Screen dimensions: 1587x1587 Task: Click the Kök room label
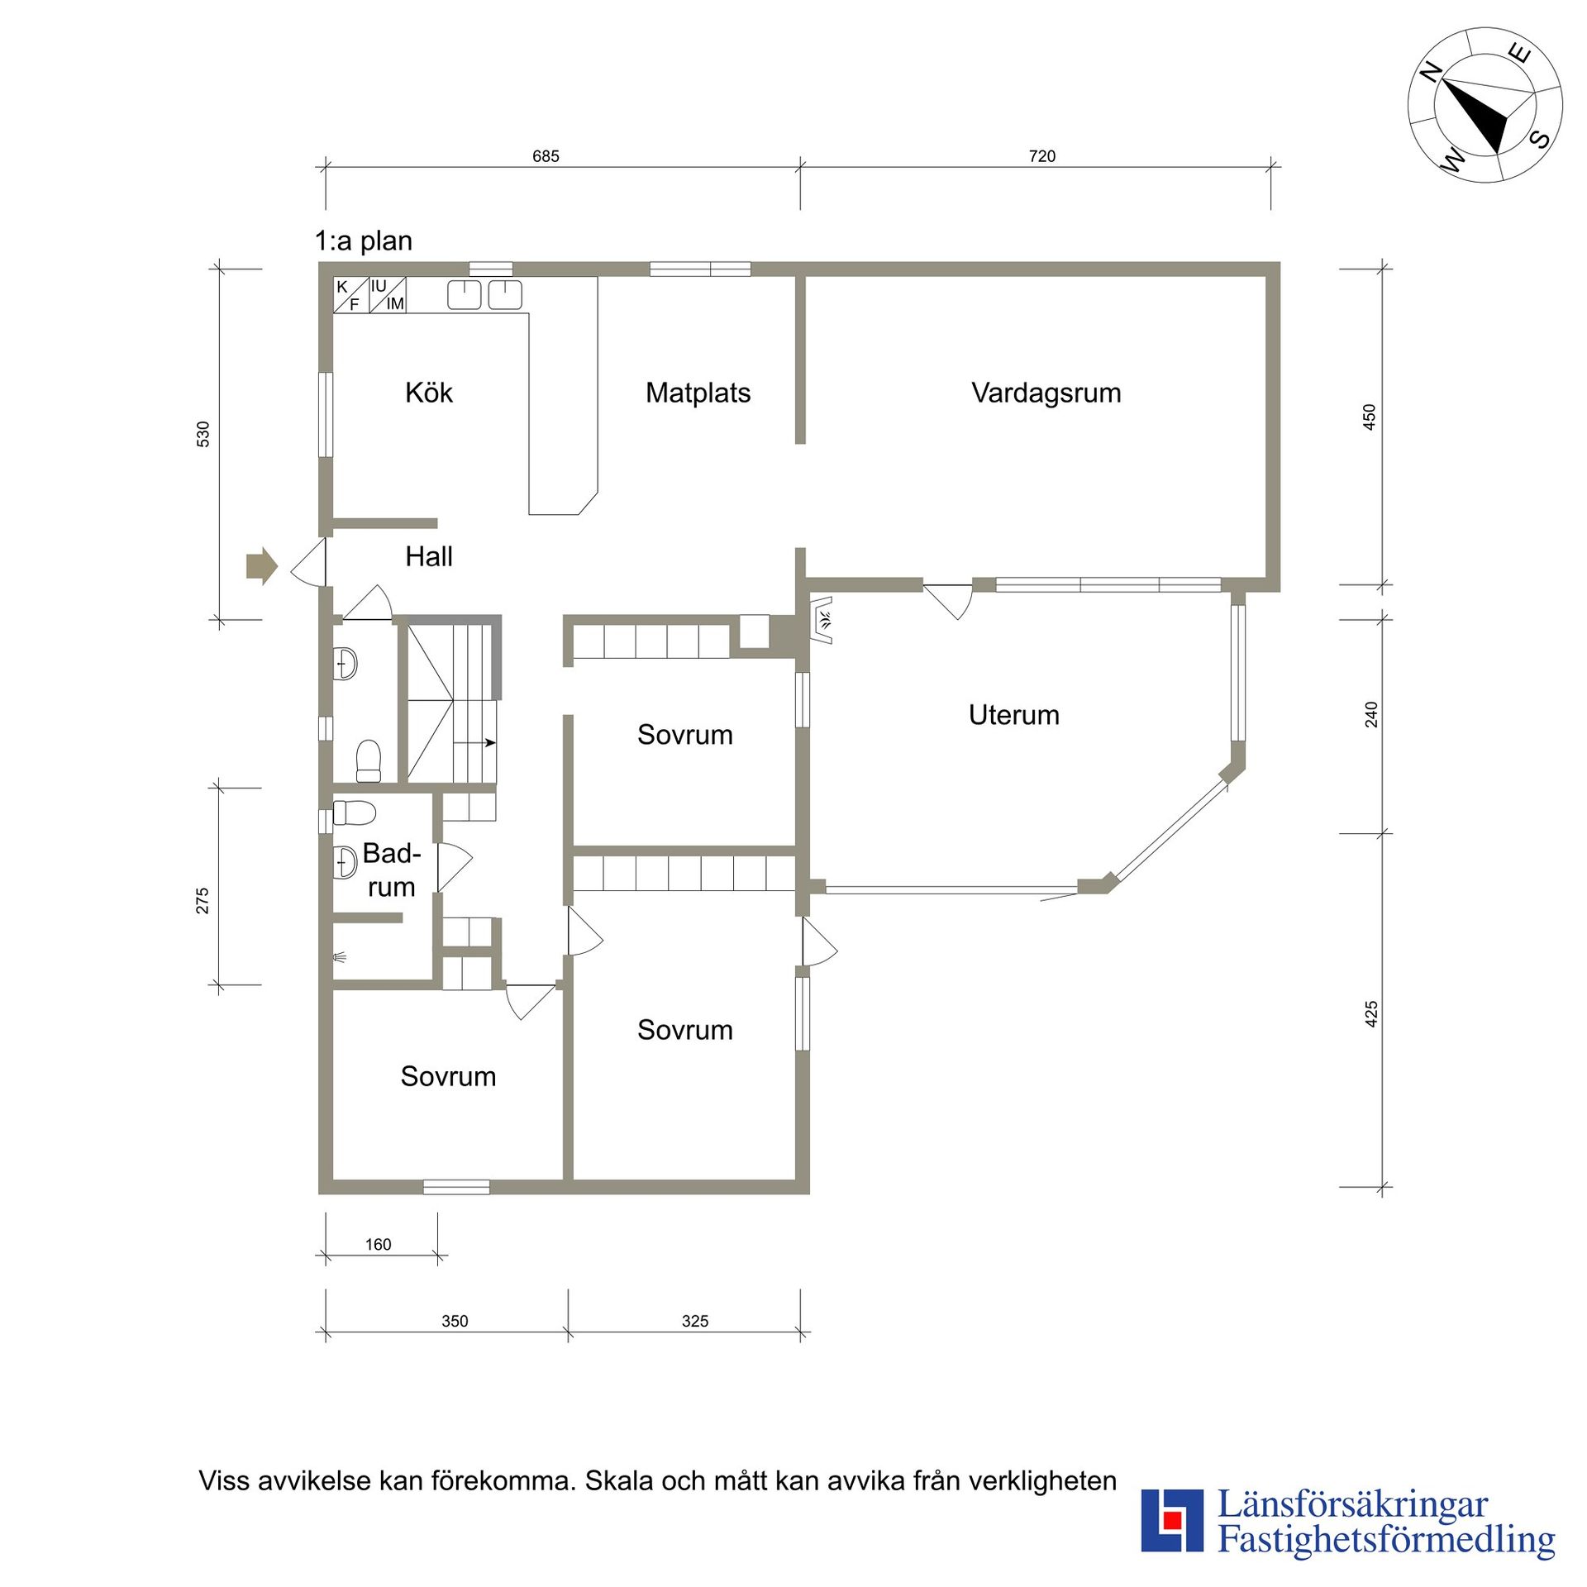click(x=429, y=393)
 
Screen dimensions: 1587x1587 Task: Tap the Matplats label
click(x=698, y=393)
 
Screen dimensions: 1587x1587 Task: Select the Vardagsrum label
click(x=1046, y=393)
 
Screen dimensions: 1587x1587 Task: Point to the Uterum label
click(x=1014, y=715)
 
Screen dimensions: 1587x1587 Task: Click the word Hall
click(x=429, y=556)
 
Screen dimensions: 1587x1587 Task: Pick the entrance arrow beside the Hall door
click(x=261, y=566)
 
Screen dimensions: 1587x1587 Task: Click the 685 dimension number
click(x=546, y=156)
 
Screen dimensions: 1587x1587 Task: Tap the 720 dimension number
click(x=1042, y=156)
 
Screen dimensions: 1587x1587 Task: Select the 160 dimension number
click(x=378, y=1245)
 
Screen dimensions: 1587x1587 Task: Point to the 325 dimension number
click(x=695, y=1322)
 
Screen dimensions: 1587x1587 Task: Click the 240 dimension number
click(x=1371, y=715)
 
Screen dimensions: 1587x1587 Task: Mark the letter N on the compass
click(x=1431, y=73)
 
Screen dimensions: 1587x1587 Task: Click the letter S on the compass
click(x=1540, y=138)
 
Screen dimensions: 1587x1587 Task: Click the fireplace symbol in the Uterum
click(x=821, y=620)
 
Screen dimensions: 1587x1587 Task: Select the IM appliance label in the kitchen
click(x=395, y=303)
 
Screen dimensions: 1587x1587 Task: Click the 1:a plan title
click(x=364, y=241)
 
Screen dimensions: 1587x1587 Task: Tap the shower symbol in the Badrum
click(x=339, y=958)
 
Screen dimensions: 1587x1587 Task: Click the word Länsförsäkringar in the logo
click(x=1353, y=1506)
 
